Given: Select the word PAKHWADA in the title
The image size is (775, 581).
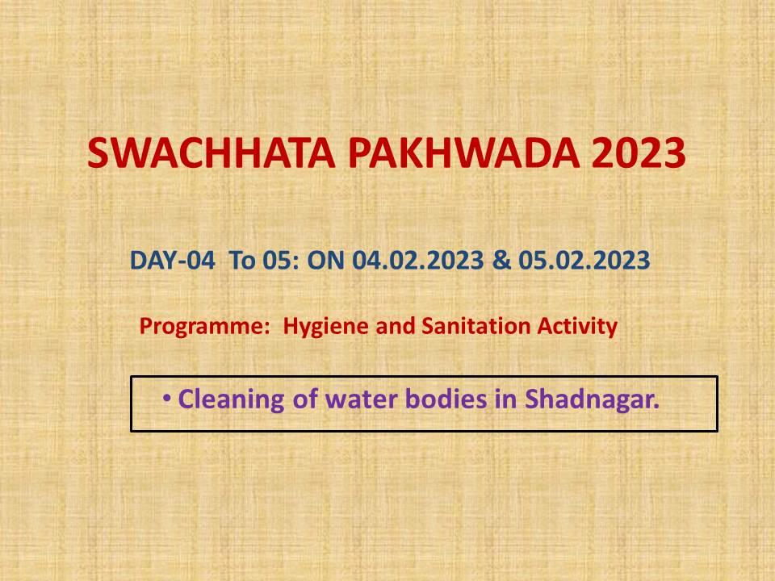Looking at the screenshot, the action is click(464, 153).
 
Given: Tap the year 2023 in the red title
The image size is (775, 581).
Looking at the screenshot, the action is click(639, 153).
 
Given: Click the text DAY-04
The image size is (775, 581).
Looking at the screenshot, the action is click(173, 260).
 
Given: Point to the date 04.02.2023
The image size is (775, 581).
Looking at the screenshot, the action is click(418, 260).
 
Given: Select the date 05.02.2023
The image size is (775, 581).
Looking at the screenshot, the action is click(584, 260).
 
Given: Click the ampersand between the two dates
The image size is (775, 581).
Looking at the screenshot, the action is click(501, 260).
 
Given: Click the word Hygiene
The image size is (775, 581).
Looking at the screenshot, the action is click(325, 327).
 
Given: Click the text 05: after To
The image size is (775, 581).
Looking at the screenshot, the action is click(281, 260).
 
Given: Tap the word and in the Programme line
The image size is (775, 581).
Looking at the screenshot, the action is click(396, 326).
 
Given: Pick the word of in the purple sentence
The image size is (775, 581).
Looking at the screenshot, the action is click(304, 399).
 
